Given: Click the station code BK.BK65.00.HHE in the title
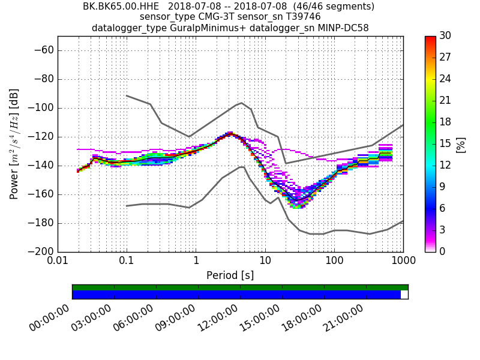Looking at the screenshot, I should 120,7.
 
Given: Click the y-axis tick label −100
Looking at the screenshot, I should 38,108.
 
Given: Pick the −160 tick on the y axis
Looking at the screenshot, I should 38,194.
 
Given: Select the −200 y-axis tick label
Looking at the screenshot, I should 38,252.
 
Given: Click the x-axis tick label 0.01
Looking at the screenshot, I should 58,262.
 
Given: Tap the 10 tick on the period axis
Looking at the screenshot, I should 265,262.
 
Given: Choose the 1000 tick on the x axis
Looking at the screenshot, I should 403,262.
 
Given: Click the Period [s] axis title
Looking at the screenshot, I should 230,275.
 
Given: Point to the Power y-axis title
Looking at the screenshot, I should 14,144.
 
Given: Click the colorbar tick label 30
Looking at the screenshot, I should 445,36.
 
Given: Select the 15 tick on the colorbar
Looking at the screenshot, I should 445,144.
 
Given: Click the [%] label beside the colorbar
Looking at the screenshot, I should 461,144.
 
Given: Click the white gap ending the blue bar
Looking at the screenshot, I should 404,295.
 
